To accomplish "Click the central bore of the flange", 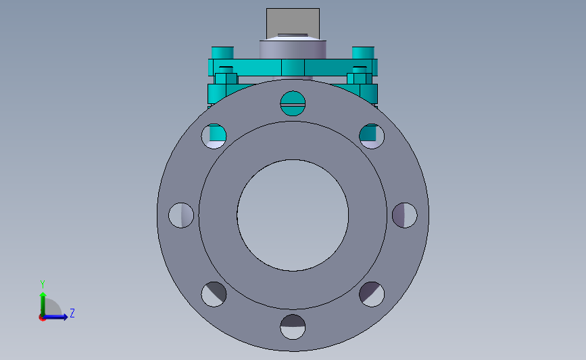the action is click(293, 215).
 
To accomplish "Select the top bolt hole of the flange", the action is click(293, 103).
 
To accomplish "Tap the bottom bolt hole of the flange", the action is click(293, 327).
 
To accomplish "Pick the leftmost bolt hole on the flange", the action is click(181, 215).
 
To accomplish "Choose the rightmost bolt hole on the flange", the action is click(405, 215).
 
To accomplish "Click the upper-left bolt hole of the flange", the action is click(214, 136).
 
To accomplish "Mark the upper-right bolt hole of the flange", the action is click(372, 136).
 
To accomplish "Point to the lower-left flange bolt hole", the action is click(214, 294).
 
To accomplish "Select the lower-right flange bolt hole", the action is click(372, 294).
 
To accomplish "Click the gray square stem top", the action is click(293, 23).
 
